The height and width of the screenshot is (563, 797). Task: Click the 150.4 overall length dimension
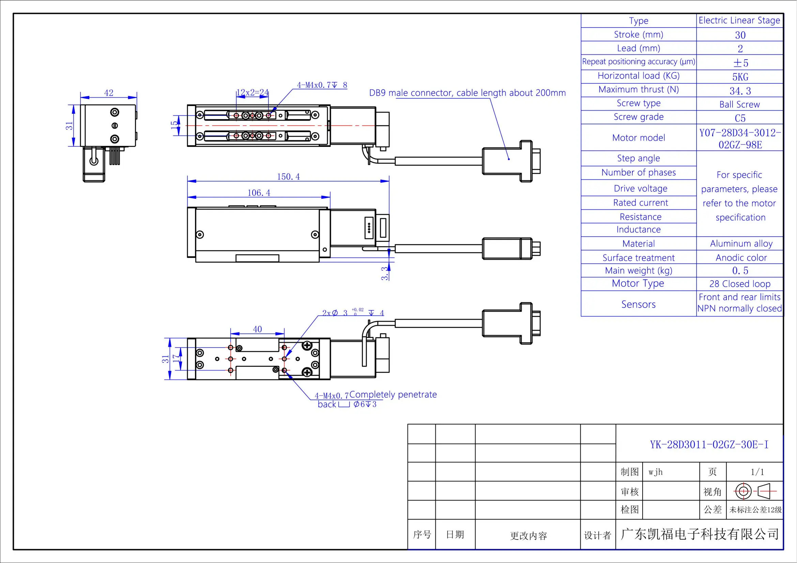[x=288, y=176]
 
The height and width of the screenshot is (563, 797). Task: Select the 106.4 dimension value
[x=259, y=193]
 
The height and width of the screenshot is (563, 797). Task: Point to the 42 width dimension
[x=109, y=93]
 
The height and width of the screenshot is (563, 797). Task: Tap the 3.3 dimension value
[x=385, y=273]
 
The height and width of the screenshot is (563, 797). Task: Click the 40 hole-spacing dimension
[x=257, y=329]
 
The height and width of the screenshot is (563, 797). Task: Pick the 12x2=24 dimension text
[x=252, y=92]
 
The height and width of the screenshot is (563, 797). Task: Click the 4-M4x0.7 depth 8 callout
[x=322, y=85]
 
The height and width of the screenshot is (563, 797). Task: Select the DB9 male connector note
[x=467, y=93]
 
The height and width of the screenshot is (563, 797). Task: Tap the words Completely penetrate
[x=393, y=394]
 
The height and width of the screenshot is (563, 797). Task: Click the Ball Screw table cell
[x=739, y=105]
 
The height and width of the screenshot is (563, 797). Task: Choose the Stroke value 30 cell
[x=740, y=35]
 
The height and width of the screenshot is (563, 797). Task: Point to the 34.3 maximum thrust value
[x=740, y=91]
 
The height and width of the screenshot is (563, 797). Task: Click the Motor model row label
[x=638, y=138]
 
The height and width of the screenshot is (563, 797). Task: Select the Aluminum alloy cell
[x=741, y=244]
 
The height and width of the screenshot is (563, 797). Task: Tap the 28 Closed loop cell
[x=740, y=284]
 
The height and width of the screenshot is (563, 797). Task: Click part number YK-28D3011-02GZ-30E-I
[x=709, y=444]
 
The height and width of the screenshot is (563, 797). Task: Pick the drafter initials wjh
[x=655, y=472]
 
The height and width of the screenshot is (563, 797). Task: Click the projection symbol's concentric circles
[x=743, y=491]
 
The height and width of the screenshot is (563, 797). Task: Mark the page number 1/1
[x=757, y=472]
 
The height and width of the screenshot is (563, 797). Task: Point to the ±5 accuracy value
[x=740, y=63]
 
